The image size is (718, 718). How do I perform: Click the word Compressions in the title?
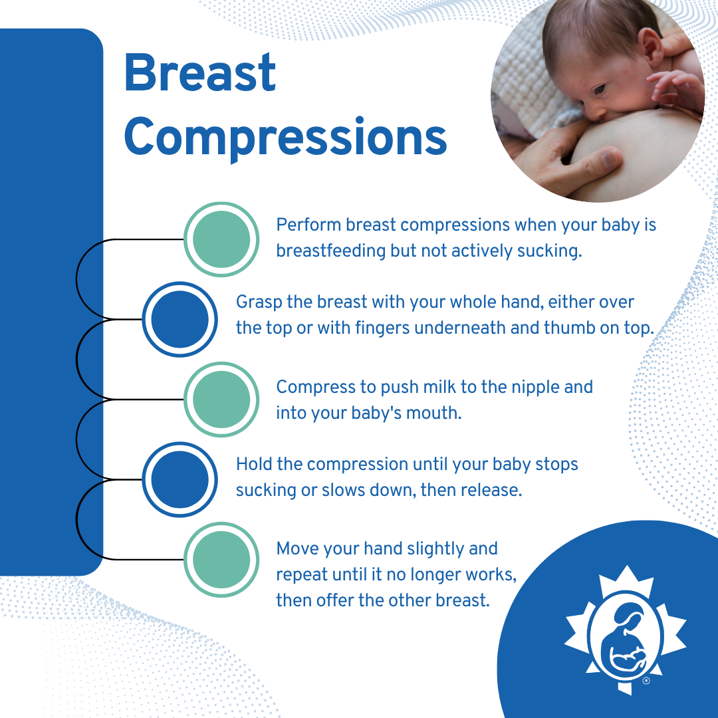click(x=285, y=138)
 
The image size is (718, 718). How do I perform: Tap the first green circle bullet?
click(x=221, y=238)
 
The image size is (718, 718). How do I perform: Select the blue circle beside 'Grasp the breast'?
click(x=180, y=319)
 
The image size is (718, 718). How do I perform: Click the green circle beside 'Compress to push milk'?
click(x=221, y=399)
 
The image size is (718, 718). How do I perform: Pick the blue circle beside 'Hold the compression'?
click(x=180, y=479)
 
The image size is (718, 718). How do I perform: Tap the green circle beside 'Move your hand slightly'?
click(x=221, y=558)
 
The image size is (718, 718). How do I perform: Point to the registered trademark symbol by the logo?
click(x=646, y=681)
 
